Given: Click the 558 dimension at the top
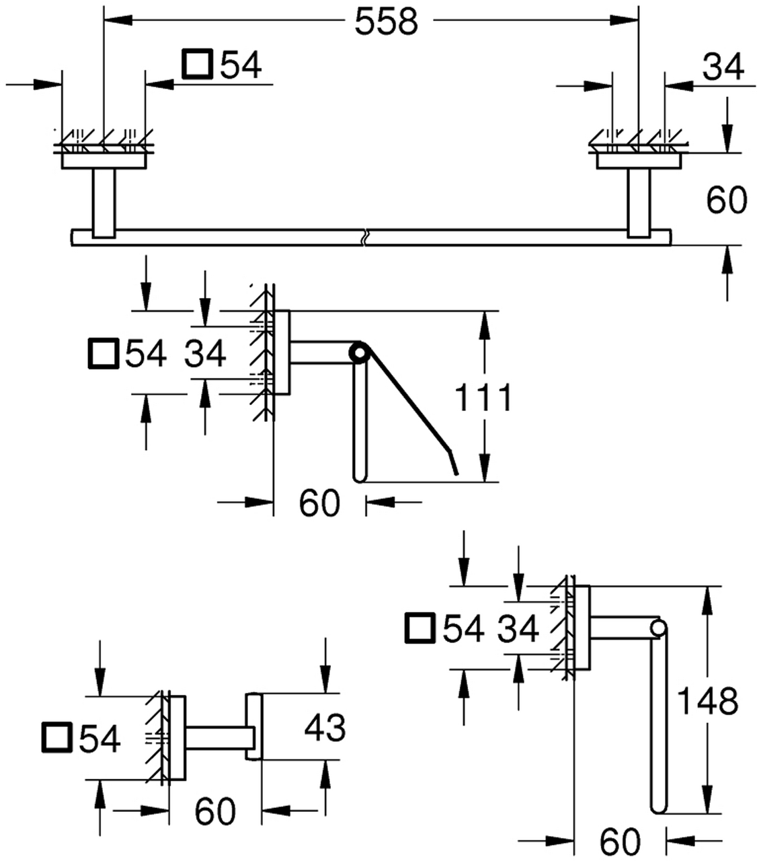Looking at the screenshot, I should (x=387, y=22).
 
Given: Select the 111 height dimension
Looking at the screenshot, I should (x=484, y=398).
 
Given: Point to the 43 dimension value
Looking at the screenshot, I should (x=325, y=727).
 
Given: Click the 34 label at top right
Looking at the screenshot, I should (x=723, y=67).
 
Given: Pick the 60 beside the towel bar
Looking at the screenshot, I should (x=727, y=200).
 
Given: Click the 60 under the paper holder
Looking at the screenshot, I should (x=319, y=502).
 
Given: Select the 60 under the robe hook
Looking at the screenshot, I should (x=215, y=811).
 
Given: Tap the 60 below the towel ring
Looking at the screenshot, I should (x=621, y=841).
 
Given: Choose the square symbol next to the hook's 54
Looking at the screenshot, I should (x=58, y=739).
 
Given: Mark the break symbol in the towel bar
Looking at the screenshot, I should (x=366, y=238).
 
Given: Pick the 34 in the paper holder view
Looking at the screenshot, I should (x=205, y=354).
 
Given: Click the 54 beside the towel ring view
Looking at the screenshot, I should (x=463, y=629).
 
